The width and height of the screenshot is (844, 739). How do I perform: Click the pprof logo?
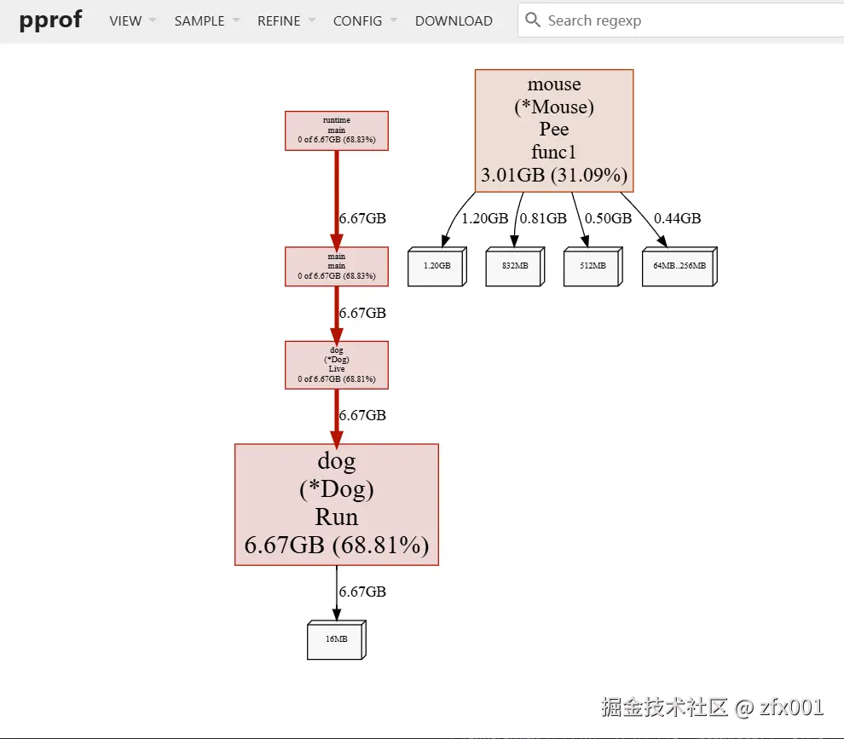tap(51, 20)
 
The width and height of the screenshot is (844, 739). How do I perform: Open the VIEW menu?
tap(125, 20)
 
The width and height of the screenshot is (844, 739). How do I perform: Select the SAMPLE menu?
tap(199, 20)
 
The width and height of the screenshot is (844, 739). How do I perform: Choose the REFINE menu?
tap(279, 20)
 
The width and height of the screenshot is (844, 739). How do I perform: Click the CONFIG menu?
tap(357, 20)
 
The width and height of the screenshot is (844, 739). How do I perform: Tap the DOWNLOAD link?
tap(454, 20)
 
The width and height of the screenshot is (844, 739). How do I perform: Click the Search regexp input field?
tap(682, 20)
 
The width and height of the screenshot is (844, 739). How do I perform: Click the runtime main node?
tap(336, 130)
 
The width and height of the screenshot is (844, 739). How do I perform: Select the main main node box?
tap(336, 266)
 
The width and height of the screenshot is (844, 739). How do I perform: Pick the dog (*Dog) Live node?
tap(336, 365)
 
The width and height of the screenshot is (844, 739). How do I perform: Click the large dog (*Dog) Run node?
tap(336, 504)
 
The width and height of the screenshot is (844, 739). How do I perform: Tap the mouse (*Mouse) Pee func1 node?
tap(553, 130)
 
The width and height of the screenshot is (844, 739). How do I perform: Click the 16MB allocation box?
tap(336, 639)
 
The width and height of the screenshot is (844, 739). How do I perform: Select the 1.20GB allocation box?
tap(436, 267)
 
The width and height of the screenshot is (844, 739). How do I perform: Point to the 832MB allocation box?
tap(514, 267)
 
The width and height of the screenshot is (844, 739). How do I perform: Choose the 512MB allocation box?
tap(592, 267)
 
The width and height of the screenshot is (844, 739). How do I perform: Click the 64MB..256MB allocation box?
tap(679, 267)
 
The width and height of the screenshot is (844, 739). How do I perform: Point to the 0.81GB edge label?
tap(543, 218)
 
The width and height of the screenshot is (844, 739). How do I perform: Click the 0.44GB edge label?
tap(677, 218)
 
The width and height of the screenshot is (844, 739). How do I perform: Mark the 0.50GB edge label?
tap(608, 218)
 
